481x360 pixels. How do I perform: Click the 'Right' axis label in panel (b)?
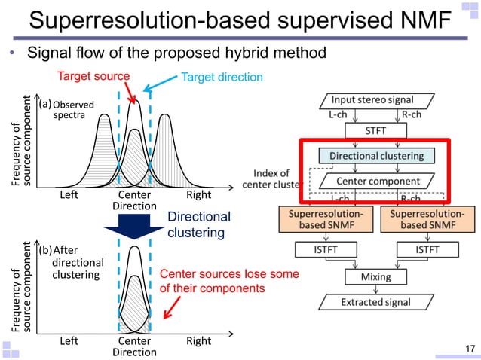tap(199, 341)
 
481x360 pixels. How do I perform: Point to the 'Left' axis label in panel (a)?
tap(69, 194)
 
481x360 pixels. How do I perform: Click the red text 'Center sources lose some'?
tap(229, 274)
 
